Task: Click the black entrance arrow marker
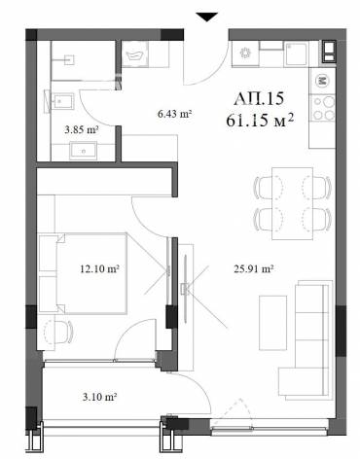tap(207, 17)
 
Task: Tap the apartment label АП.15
tap(259, 98)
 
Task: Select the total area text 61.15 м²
tap(260, 121)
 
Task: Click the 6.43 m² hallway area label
tap(174, 114)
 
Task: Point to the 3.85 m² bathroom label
tap(82, 130)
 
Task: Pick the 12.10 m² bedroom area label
tap(99, 268)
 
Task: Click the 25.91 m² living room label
tap(254, 268)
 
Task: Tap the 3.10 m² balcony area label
tap(99, 397)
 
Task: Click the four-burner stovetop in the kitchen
tap(322, 108)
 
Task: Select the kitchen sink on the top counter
tap(296, 53)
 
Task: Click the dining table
tap(292, 203)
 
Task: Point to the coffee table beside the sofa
tap(273, 323)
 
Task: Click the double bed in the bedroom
tap(83, 273)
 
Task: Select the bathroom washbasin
tap(83, 151)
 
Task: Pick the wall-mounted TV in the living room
tap(185, 289)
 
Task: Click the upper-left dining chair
tap(269, 187)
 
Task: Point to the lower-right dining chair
tap(316, 219)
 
